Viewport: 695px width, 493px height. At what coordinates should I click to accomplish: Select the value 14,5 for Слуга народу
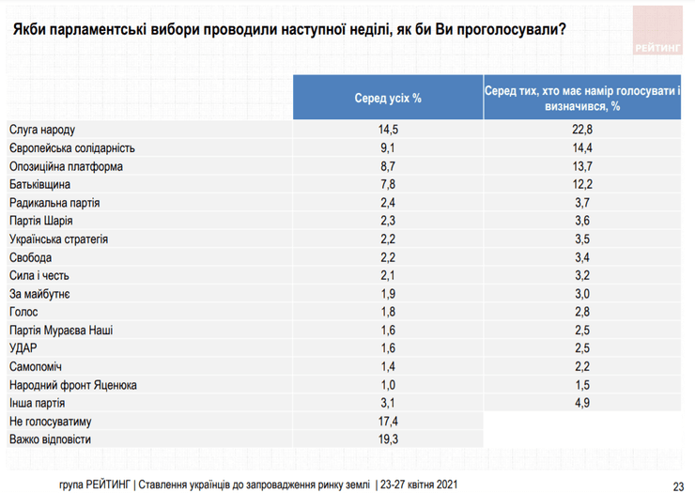point(389,129)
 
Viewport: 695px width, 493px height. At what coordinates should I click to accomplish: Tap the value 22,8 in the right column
point(582,129)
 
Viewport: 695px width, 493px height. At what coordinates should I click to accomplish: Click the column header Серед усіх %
point(389,98)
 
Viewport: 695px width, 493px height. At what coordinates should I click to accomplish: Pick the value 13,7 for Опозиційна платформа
point(582,166)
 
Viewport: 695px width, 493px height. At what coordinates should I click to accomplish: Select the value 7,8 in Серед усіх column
point(389,184)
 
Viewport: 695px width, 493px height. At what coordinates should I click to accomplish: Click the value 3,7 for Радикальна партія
point(582,203)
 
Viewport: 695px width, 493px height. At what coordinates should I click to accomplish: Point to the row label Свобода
point(32,257)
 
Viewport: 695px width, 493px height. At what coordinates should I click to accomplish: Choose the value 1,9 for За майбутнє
point(389,294)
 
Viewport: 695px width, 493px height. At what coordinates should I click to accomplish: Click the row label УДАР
point(25,348)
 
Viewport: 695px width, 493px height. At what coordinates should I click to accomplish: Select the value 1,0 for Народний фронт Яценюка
point(389,385)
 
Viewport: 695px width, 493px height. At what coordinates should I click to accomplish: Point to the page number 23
point(678,485)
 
